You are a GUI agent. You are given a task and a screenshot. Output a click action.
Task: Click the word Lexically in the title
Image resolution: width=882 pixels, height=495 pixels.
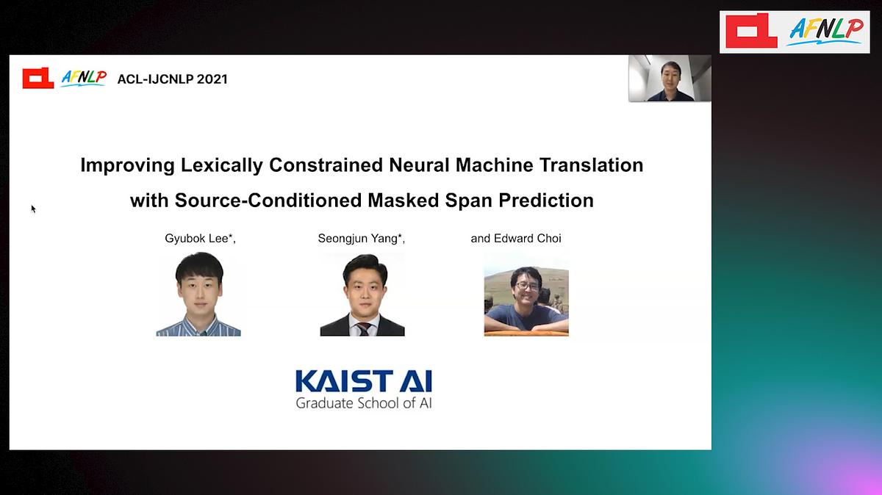click(222, 165)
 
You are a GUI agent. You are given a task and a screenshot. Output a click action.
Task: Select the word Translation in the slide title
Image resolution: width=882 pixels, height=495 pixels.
click(591, 165)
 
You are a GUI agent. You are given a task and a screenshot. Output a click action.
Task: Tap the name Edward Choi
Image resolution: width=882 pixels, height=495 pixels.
click(527, 239)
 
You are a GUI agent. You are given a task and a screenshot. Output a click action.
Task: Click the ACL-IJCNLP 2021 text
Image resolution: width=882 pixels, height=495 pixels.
click(173, 79)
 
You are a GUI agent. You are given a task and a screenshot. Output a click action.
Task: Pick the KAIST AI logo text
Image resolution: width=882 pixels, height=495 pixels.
click(364, 381)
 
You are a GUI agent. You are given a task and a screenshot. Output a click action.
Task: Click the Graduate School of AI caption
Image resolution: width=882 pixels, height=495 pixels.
click(364, 403)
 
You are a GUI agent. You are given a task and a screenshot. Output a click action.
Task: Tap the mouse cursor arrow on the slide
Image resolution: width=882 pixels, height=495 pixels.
click(34, 209)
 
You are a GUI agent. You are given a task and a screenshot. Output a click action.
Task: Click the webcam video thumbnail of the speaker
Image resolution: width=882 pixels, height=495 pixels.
click(670, 78)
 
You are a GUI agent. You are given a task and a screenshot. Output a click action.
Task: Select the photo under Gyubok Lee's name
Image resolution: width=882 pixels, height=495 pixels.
click(198, 294)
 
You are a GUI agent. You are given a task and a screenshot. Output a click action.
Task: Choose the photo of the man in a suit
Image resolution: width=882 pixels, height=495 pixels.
click(362, 295)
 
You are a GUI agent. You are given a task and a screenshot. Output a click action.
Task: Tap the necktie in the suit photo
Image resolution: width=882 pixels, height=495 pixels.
click(363, 329)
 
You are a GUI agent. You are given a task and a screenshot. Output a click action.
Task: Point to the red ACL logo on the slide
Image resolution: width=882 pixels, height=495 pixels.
click(38, 78)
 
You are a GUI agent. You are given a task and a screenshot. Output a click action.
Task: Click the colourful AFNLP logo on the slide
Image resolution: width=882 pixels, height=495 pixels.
click(84, 78)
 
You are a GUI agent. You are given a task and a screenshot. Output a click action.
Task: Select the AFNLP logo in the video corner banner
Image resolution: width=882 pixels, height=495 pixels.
click(826, 32)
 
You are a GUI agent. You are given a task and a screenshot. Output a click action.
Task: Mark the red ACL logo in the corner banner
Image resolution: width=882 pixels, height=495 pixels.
click(751, 31)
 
